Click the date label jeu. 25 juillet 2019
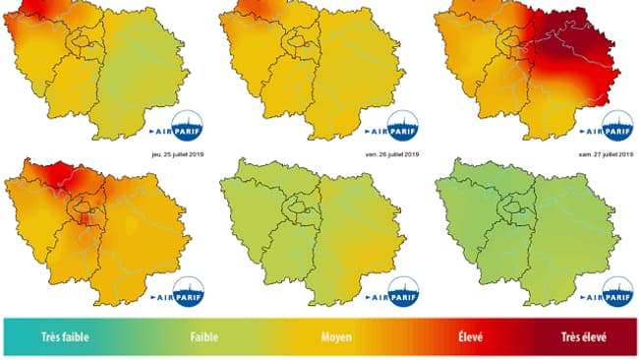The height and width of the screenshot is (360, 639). pos(170,154)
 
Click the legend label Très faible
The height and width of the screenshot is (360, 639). pos(66,336)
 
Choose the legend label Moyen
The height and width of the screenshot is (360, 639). pos(337,336)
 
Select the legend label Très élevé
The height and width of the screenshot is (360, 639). pos(585,336)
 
